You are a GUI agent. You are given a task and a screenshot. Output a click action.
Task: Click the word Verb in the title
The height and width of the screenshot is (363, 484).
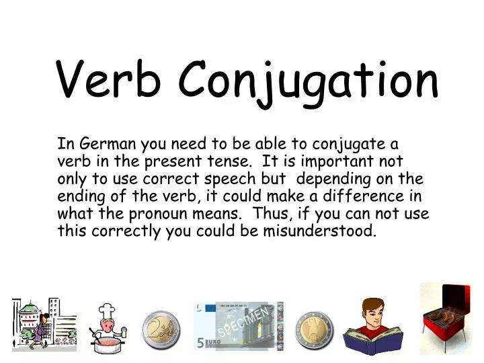coord(108,79)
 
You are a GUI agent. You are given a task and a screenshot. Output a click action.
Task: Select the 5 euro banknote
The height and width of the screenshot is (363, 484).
coord(239,326)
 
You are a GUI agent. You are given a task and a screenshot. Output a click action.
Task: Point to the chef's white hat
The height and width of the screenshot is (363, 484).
coord(107,311)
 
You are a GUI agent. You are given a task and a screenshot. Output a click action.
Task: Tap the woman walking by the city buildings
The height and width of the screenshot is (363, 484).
coord(42,329)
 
